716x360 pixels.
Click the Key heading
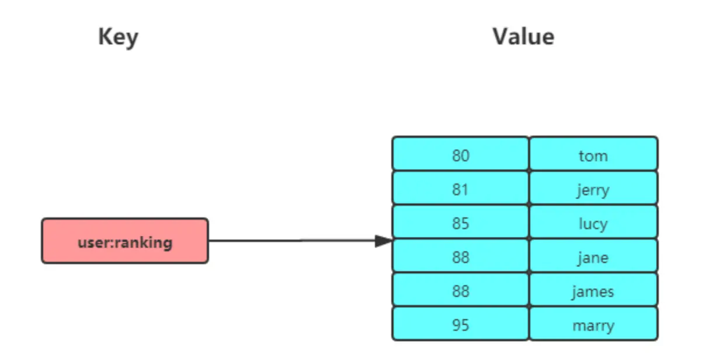118,37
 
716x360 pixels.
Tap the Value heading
523,37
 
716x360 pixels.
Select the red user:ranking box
124,241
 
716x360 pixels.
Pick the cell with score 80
460,155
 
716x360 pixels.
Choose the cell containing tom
593,155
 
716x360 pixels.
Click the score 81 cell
460,189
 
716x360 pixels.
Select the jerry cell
593,189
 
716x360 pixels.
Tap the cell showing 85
460,223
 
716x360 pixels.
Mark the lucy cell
593,223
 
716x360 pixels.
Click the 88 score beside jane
460,257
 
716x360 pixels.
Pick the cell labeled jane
593,257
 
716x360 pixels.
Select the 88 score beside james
460,291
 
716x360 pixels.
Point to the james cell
593,291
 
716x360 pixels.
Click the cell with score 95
460,325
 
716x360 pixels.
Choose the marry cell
593,325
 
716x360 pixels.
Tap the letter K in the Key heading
105,37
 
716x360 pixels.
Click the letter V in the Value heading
500,37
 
